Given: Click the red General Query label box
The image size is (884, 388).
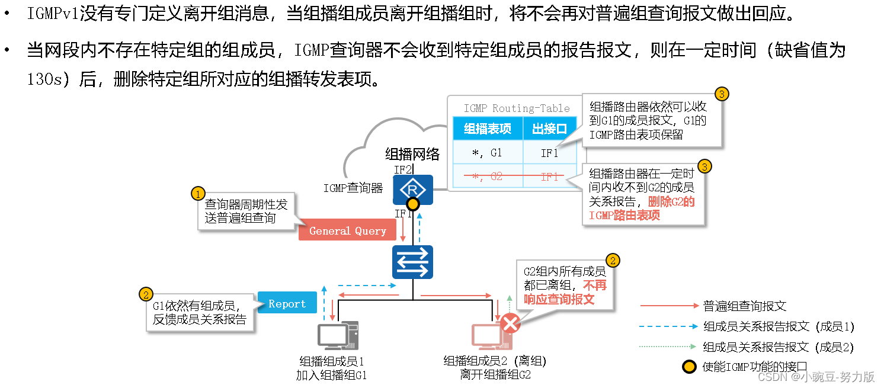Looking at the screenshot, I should click(x=347, y=231).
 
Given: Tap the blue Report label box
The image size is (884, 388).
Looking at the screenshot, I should click(x=287, y=304).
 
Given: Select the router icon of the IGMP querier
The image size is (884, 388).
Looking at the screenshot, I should click(x=413, y=190).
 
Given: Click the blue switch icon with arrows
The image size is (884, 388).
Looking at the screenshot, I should click(x=413, y=262).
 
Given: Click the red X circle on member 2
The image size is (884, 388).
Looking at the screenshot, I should click(x=510, y=323).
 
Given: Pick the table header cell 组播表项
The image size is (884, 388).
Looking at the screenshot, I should click(x=487, y=129).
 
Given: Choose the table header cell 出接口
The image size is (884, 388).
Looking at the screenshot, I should click(x=549, y=129).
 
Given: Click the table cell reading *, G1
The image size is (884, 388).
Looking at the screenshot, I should click(x=487, y=153).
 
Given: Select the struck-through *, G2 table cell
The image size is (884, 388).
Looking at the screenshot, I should click(x=487, y=177).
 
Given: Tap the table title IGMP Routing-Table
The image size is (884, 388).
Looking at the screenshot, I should click(x=516, y=108).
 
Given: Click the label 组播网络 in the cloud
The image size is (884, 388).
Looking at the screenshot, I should click(x=412, y=155).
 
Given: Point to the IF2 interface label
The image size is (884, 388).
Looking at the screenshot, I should click(x=403, y=169).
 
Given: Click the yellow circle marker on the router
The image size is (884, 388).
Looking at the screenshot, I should click(x=413, y=205).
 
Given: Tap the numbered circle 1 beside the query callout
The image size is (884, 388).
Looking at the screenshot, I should click(x=198, y=194).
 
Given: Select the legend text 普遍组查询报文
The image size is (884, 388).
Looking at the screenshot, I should click(x=744, y=306).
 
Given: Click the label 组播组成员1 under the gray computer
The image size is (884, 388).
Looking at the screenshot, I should click(x=331, y=361).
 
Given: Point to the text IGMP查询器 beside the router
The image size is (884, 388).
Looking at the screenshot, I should click(x=353, y=188).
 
